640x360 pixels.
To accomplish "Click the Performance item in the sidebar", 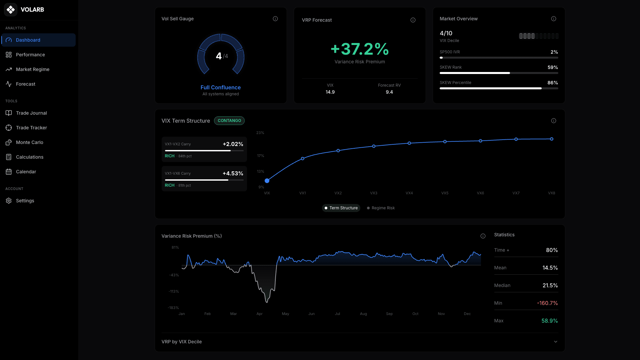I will (30, 55).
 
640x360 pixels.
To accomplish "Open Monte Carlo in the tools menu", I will (29, 142).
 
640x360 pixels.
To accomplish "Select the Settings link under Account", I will (25, 201).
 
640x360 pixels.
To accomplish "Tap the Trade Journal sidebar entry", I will (31, 113).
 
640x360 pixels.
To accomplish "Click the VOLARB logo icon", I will (11, 10).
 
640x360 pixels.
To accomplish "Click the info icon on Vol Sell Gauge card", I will (275, 19).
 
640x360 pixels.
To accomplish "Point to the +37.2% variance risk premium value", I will (360, 49).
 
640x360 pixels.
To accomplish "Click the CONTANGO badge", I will (229, 121).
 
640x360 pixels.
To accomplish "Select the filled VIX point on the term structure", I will (267, 181).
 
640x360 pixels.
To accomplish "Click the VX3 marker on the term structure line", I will (374, 146).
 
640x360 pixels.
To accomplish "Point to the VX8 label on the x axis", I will (551, 193).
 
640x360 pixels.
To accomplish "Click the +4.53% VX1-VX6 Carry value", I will (233, 173).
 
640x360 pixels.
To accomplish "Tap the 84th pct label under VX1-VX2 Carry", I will (185, 156).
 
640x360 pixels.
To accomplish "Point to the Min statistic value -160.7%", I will (547, 303).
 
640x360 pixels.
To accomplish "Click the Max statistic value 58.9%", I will (549, 321).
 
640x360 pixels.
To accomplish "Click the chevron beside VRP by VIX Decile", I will (555, 342).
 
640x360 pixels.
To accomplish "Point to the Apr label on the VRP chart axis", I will (259, 314).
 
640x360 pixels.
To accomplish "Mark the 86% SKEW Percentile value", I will (552, 83).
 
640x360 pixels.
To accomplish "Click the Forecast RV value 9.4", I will (389, 92).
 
